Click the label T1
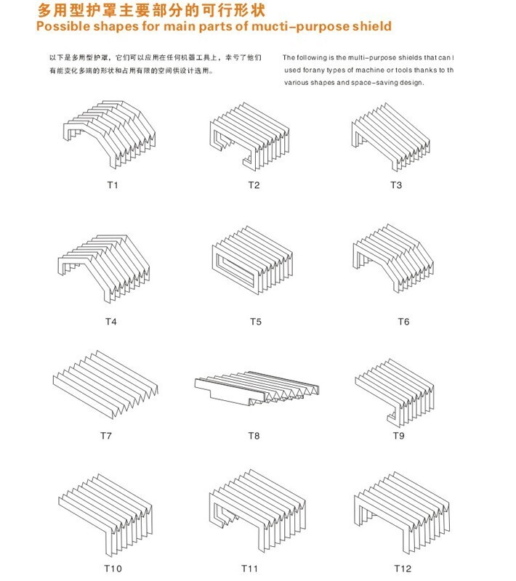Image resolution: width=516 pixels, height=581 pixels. [112, 185]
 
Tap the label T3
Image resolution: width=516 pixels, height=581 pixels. [396, 185]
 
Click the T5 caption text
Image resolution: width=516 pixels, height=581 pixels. [255, 320]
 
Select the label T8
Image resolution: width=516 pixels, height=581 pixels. [254, 436]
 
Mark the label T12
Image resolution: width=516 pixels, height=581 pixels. [403, 567]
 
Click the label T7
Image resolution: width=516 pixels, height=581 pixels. [106, 436]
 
